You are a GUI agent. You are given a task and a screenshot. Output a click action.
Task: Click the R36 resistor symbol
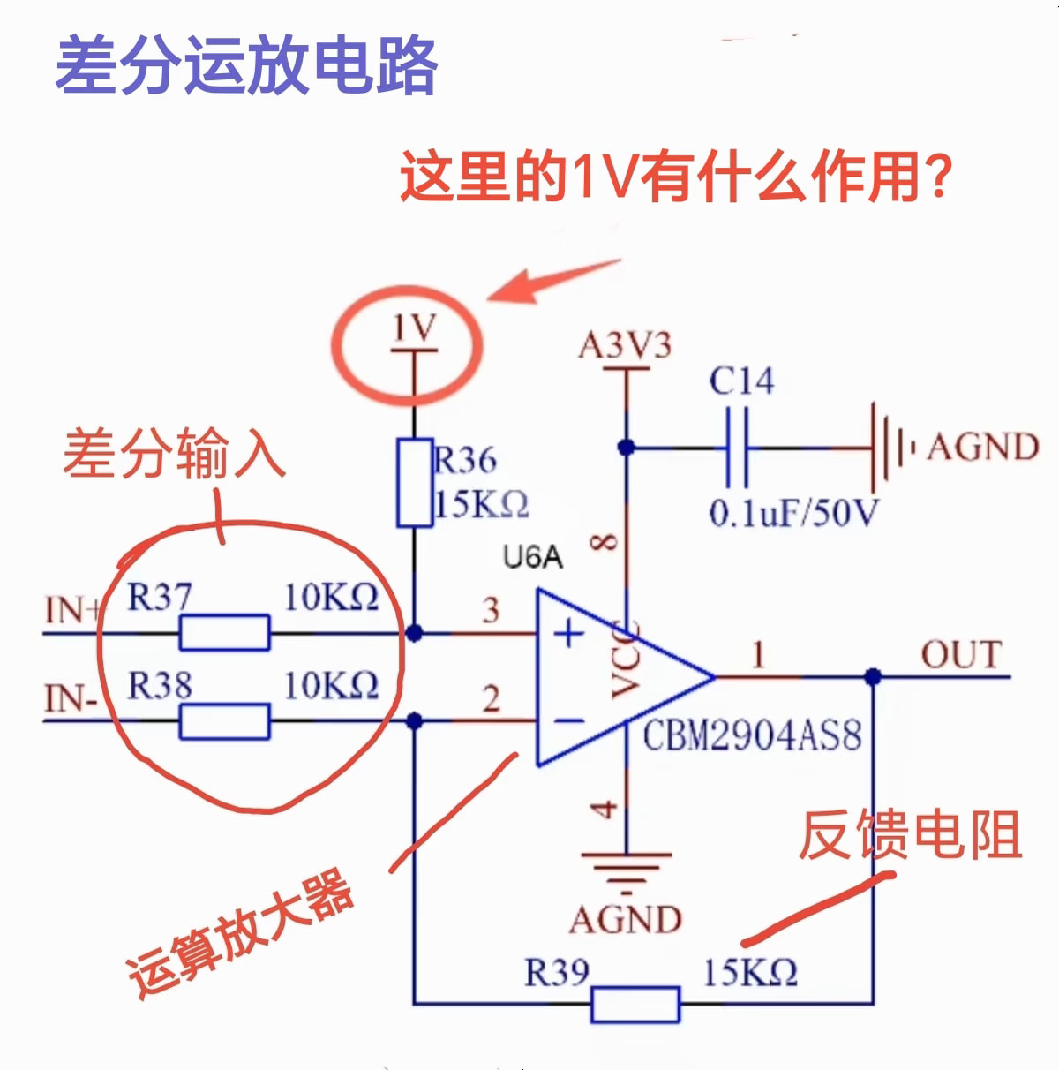click(414, 482)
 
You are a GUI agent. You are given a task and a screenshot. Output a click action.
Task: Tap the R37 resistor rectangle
click(224, 633)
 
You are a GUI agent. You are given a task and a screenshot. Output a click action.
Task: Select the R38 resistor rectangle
click(224, 721)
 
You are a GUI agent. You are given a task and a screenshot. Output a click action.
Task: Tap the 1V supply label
click(414, 328)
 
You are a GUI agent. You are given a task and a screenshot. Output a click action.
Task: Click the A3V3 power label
click(625, 345)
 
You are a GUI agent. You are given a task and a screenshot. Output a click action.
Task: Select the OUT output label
click(961, 655)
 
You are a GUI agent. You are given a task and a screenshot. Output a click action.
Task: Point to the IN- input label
click(71, 699)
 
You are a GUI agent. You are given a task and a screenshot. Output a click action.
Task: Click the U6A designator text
click(532, 557)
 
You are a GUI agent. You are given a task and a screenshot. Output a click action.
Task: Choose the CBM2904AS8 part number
click(751, 735)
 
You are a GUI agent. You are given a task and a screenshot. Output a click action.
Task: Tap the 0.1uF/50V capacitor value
click(793, 513)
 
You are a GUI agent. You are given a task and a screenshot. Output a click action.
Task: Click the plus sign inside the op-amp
click(569, 633)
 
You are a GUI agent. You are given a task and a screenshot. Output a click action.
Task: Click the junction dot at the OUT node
click(873, 677)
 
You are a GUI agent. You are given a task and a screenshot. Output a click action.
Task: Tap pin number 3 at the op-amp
click(491, 610)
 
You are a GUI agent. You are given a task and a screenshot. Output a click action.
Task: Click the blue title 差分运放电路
click(246, 66)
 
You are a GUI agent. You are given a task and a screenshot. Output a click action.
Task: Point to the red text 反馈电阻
click(910, 834)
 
